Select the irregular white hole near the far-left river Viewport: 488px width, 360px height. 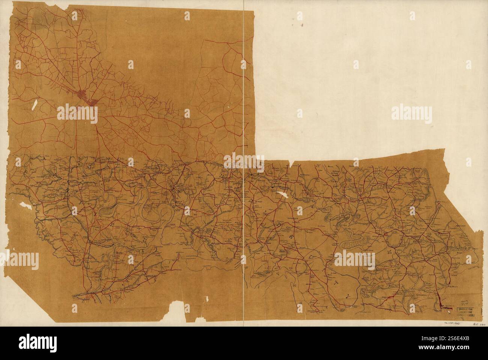(23, 206)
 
